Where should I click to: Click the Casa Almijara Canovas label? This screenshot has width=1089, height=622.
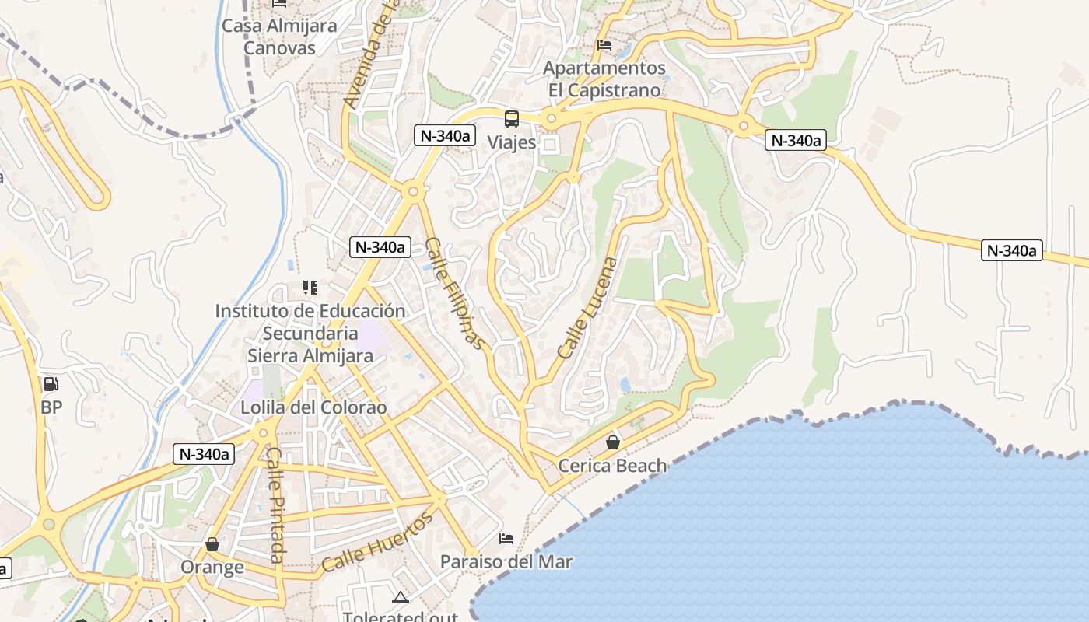pos(279,37)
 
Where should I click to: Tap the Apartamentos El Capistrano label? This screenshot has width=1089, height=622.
pos(604,79)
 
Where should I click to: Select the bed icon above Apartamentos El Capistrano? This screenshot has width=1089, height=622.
pos(604,45)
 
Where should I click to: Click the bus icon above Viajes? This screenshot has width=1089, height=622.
pos(511,119)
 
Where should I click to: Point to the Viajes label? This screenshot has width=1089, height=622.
pos(511,142)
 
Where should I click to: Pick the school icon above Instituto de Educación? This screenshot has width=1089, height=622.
pos(310,288)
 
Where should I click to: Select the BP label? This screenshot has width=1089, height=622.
pos(51,407)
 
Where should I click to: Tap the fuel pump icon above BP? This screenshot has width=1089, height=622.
pos(51,384)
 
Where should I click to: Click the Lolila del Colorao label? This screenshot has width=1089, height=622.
pos(313,407)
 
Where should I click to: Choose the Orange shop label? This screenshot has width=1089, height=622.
pos(212,567)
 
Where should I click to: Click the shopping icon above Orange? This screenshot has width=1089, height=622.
pos(212,544)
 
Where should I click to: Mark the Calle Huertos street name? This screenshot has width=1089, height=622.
pos(377,542)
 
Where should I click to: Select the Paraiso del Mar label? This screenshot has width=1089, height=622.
pos(506,561)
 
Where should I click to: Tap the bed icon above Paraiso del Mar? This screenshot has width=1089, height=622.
pos(506,538)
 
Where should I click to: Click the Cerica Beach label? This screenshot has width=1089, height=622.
pos(613,466)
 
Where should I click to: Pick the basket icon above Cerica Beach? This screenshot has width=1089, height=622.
pos(613,442)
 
